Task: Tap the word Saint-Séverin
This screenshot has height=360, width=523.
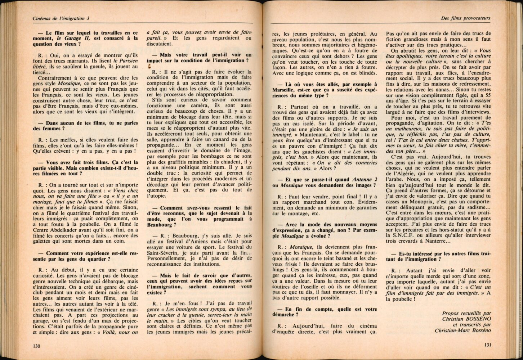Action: [x=164, y=253]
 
